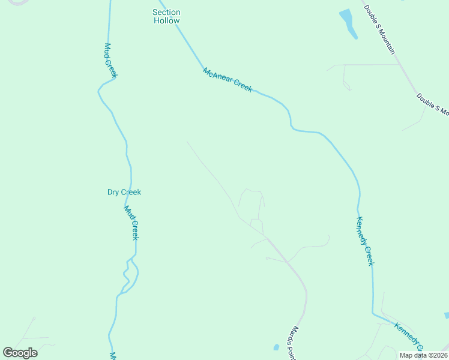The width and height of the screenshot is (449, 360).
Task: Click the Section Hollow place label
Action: [166, 16]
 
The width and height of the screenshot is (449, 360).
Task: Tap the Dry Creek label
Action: [124, 192]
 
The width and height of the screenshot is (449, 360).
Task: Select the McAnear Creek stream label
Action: [228, 80]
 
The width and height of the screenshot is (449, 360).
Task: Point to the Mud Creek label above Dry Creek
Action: [110, 60]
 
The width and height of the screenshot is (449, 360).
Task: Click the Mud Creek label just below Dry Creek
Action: [131, 223]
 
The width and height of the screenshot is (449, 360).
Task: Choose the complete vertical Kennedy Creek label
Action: [365, 241]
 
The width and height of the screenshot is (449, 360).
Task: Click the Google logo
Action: [20, 353]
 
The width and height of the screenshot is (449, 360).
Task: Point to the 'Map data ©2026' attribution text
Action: [423, 355]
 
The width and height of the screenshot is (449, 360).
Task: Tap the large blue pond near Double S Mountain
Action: [348, 23]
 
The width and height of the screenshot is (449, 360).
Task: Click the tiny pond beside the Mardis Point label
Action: [276, 347]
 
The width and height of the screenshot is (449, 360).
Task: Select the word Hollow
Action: [166, 20]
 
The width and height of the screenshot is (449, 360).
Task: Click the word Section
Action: [166, 12]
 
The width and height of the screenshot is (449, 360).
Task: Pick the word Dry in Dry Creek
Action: [113, 192]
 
